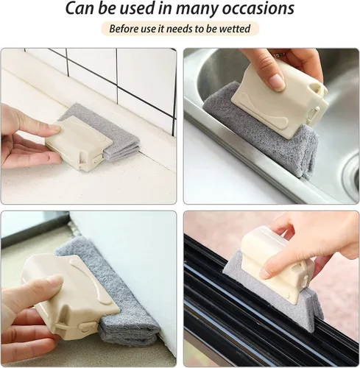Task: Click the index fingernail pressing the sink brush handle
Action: (x=275, y=80)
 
